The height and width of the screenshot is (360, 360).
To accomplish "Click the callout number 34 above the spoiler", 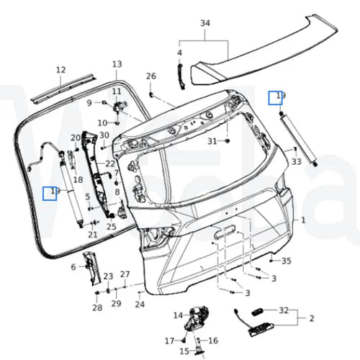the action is pyautogui.click(x=205, y=23).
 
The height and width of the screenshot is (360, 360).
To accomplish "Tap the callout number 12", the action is pyautogui.click(x=60, y=70).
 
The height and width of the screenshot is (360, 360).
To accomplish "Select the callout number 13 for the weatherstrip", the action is pyautogui.click(x=117, y=64).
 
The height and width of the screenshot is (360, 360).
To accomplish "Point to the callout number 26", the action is pyautogui.click(x=151, y=76).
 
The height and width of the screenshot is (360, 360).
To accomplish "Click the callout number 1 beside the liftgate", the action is pyautogui.click(x=303, y=220).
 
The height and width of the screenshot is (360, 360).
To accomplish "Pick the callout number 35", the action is pyautogui.click(x=287, y=261).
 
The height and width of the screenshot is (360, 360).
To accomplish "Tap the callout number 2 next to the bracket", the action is pyautogui.click(x=312, y=318).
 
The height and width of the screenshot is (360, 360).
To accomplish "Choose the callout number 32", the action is pyautogui.click(x=284, y=310).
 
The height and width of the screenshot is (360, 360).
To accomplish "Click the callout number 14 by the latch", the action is pyautogui.click(x=178, y=315).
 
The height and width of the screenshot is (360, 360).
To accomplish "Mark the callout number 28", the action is pyautogui.click(x=97, y=307).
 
